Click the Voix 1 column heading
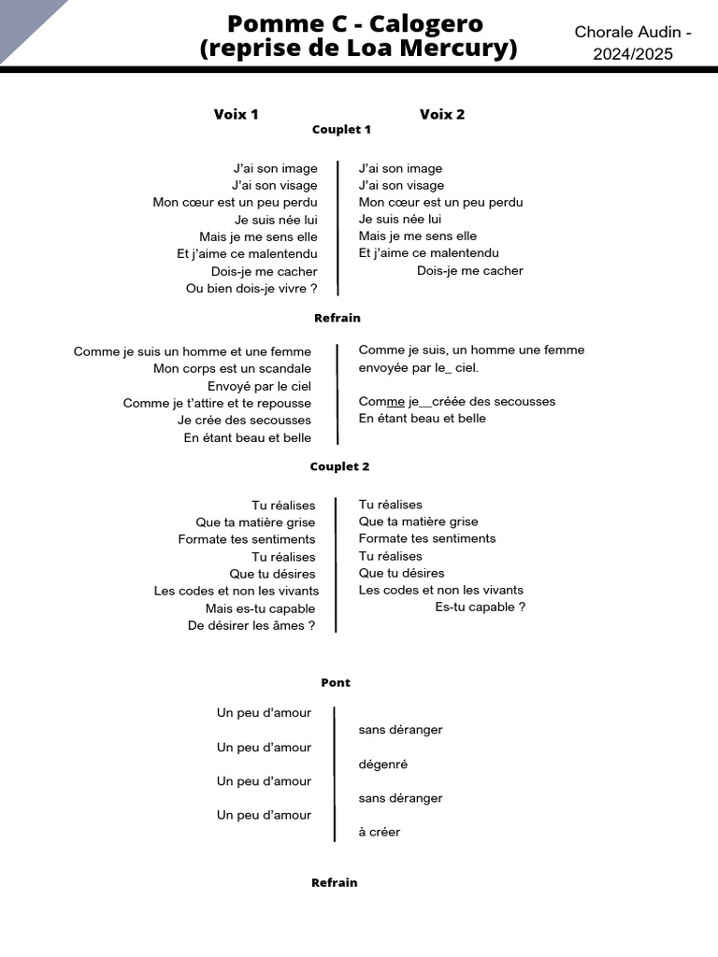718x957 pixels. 236,114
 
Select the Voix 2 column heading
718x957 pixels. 442,114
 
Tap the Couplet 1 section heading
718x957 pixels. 341,130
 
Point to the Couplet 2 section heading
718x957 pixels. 339,466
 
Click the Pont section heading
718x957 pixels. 336,683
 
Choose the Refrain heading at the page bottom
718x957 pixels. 335,882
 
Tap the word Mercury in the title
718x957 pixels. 458,49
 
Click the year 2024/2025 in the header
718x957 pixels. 633,54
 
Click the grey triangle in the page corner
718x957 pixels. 23,21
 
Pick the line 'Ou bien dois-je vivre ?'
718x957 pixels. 251,289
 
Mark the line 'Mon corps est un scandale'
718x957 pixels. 232,369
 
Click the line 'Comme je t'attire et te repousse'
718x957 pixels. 217,404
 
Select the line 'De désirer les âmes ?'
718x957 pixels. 251,626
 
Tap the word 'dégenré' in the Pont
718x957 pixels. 383,764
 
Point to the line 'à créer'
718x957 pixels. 379,833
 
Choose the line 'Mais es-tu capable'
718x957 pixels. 261,609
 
